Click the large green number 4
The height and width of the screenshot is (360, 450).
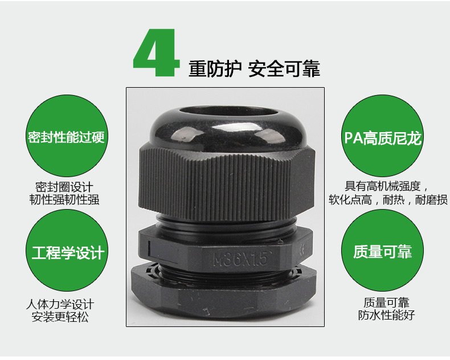157,52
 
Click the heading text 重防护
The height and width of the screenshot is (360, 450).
215,69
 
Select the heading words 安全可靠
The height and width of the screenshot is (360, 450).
284,69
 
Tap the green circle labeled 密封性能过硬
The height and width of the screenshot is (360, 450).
67,136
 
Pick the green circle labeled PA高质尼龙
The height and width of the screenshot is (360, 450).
383,136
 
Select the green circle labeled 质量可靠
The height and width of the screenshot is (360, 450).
383,250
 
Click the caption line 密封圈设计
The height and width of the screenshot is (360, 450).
64,187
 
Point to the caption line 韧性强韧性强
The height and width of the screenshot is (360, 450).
64,200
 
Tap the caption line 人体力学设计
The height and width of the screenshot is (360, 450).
60,304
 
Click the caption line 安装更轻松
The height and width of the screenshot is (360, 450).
60,317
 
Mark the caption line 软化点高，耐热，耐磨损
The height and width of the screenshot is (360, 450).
388,199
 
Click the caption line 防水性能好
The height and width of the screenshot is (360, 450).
386,315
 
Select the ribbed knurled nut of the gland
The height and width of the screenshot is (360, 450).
227,184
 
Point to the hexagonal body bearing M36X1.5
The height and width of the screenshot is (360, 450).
226,248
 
